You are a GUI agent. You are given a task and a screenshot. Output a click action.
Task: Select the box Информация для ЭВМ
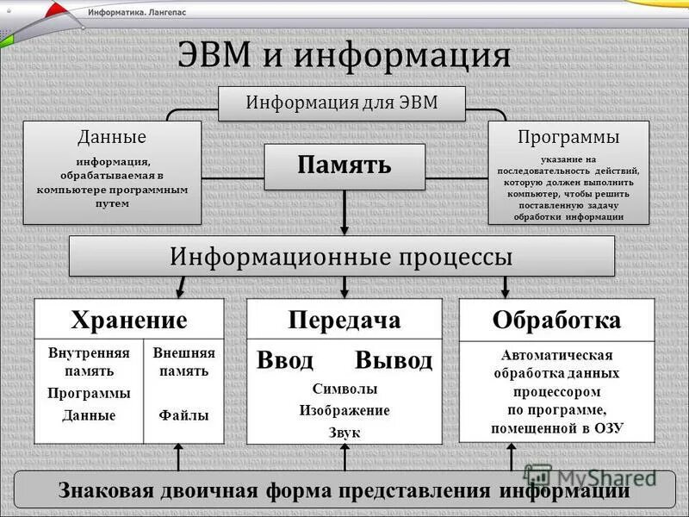(342, 103)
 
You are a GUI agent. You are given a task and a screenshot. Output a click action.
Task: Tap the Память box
(344, 166)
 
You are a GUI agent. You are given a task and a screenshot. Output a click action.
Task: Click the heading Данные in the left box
(112, 137)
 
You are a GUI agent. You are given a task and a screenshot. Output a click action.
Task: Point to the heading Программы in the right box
(568, 137)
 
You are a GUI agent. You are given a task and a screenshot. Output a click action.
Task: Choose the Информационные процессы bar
(342, 256)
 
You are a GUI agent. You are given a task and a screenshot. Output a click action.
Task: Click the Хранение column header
(129, 321)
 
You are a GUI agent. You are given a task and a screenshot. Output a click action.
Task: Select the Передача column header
(344, 321)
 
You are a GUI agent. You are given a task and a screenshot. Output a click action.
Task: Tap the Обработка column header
(556, 321)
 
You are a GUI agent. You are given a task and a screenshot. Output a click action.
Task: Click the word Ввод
(285, 360)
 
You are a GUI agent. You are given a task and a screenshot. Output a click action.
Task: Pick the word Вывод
(394, 360)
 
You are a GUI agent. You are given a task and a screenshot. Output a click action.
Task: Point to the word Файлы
(183, 414)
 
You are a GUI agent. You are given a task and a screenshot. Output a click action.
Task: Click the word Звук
(344, 432)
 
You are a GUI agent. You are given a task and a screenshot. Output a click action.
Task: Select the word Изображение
(344, 410)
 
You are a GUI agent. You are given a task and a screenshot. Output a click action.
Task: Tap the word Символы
(344, 389)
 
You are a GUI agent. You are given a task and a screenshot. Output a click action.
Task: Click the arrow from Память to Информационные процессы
(344, 213)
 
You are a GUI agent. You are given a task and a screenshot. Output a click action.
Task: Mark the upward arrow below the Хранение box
(178, 458)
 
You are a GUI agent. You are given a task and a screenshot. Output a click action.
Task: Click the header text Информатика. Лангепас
(137, 14)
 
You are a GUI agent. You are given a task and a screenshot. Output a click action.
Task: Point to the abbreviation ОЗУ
(608, 427)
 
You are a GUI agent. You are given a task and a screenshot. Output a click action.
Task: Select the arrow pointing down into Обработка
(506, 287)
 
